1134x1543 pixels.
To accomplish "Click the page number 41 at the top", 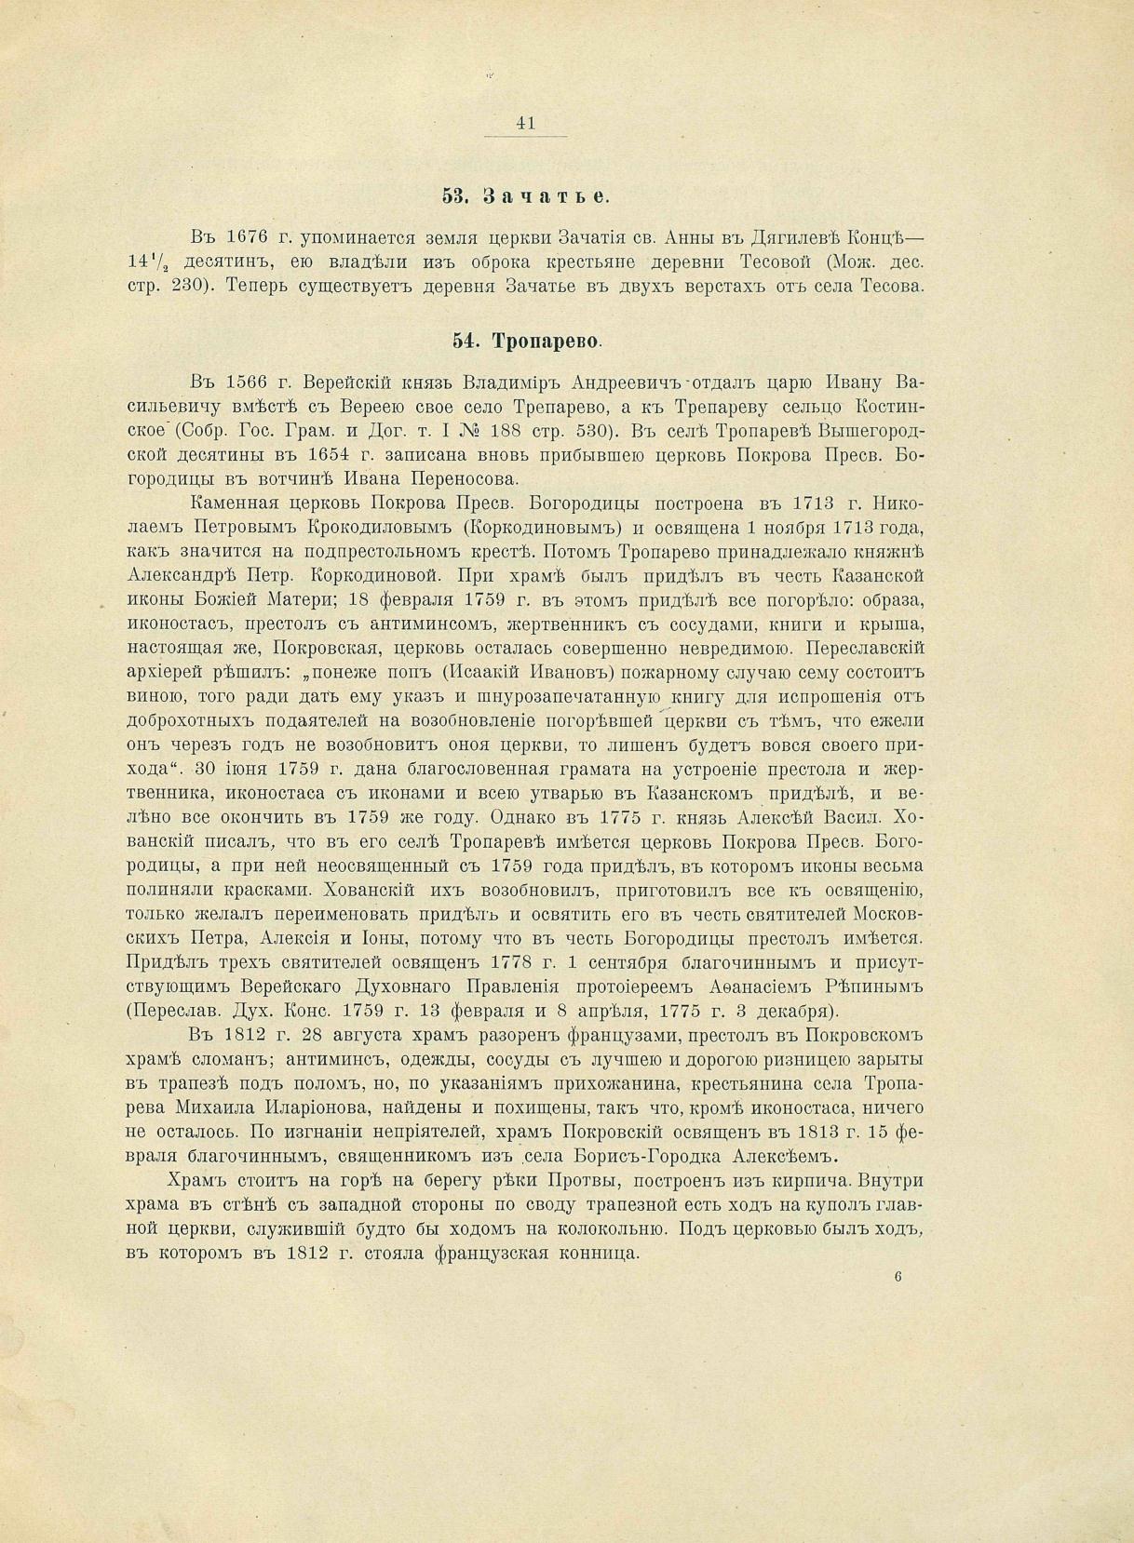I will [525, 123].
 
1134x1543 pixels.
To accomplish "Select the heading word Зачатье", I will [547, 196].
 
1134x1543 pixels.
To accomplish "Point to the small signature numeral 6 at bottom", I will [898, 1278].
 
